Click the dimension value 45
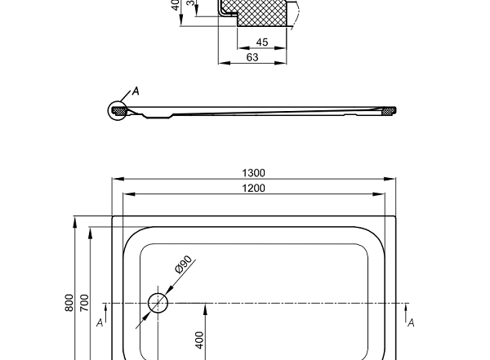pyautogui.click(x=261, y=42)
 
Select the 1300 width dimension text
pyautogui.click(x=253, y=172)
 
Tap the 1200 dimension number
pyautogui.click(x=253, y=188)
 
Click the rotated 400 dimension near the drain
pyautogui.click(x=199, y=339)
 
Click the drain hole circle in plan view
pyautogui.click(x=158, y=304)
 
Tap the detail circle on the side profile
pyautogui.click(x=118, y=110)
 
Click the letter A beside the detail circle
pyautogui.click(x=136, y=91)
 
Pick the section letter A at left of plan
pyautogui.click(x=99, y=323)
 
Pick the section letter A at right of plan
pyautogui.click(x=411, y=323)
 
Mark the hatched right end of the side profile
pyautogui.click(x=390, y=110)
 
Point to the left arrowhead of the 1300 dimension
pyautogui.click(x=115, y=179)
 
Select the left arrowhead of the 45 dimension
pyautogui.click(x=239, y=48)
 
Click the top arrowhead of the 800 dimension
pyautogui.click(x=75, y=220)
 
